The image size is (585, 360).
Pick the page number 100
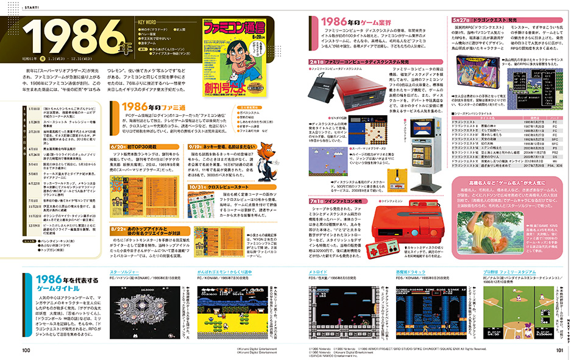(x=26, y=350)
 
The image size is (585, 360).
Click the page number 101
(x=558, y=350)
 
